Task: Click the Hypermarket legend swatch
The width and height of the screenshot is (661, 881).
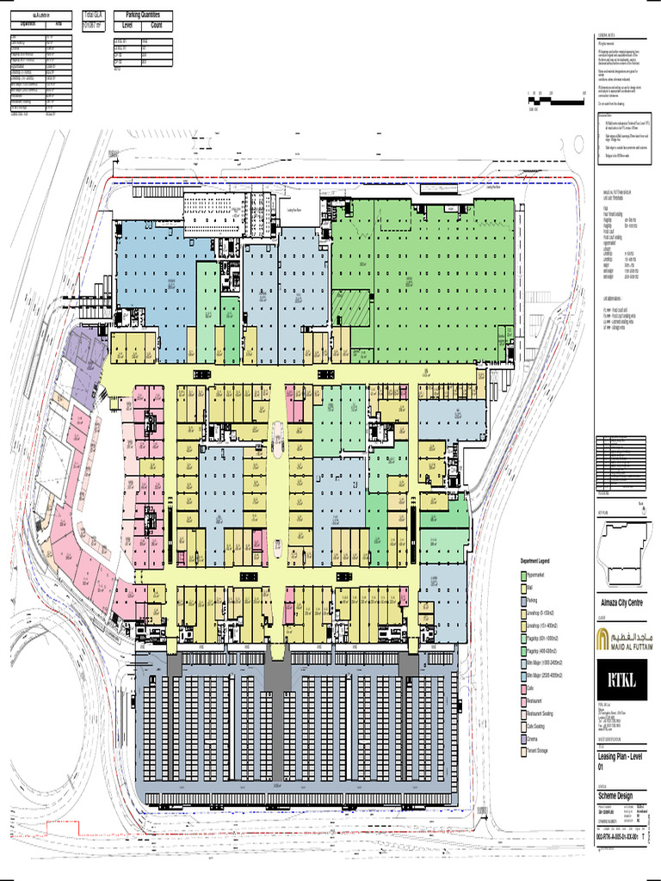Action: click(521, 576)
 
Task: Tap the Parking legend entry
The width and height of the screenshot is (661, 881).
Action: click(533, 601)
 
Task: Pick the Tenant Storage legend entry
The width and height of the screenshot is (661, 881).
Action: click(540, 751)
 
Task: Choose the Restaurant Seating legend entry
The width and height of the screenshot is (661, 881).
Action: click(544, 713)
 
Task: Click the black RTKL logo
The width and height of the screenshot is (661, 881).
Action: click(622, 681)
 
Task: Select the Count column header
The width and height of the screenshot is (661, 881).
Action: click(156, 26)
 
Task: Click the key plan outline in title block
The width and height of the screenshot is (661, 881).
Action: click(621, 551)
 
